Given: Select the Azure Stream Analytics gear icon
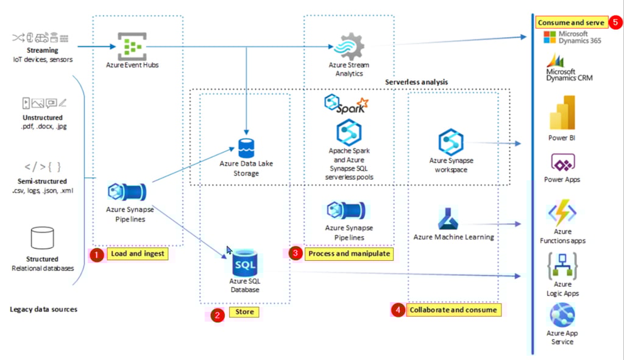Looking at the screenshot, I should (348, 46).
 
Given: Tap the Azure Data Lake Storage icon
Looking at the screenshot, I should (246, 148).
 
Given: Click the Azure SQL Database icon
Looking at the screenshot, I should (244, 263).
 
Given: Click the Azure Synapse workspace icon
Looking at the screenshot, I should (452, 142).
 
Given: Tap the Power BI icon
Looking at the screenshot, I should (562, 113).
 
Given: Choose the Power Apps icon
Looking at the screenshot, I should (562, 163).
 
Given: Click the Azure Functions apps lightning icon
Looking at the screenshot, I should (562, 213).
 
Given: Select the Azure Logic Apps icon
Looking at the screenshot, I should (562, 266).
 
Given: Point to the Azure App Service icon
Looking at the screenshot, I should (562, 315).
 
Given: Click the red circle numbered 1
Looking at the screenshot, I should (96, 254).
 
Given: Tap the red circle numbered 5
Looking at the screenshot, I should (614, 23).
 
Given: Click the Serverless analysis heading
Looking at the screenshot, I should (416, 82).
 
